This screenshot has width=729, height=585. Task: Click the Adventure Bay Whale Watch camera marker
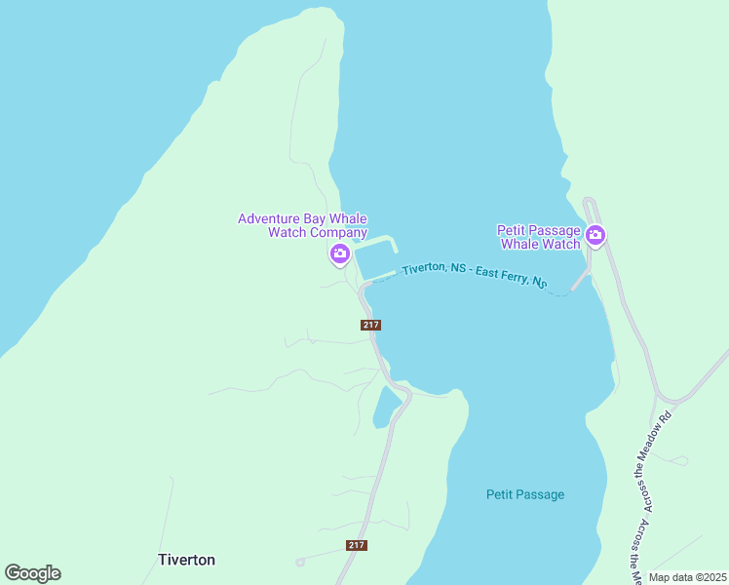coord(339,253)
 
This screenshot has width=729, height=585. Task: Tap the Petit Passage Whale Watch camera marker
coord(595,235)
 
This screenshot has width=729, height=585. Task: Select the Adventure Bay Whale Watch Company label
coord(302,225)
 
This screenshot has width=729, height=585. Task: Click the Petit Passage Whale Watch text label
coord(539,237)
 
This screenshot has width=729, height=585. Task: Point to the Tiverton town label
coord(186,560)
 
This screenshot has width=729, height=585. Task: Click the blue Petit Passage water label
coord(525,494)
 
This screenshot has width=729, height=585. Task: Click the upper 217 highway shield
coord(370,325)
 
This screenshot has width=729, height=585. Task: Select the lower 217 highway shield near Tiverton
coord(357,545)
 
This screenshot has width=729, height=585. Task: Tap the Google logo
coord(33,572)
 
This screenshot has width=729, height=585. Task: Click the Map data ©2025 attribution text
coord(686,577)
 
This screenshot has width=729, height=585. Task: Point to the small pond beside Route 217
coord(386,407)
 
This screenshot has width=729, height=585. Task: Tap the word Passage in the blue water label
coord(540,494)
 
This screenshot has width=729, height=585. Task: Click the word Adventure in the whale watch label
coord(269,218)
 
